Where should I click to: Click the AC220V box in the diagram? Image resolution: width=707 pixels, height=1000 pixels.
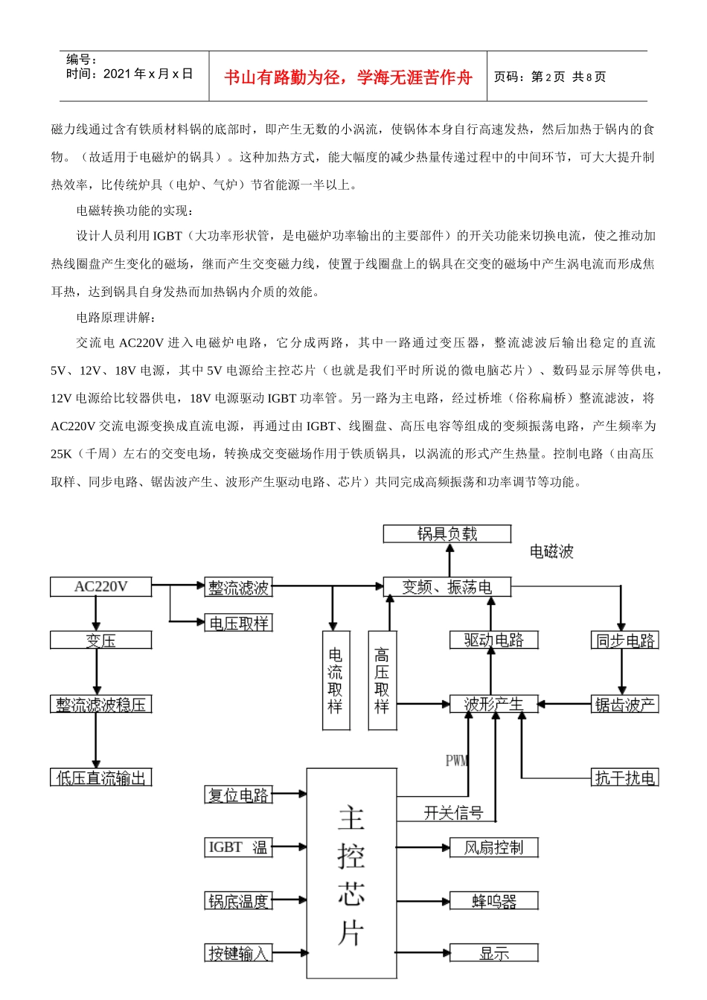[x=100, y=587]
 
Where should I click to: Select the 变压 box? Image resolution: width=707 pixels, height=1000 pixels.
[x=100, y=640]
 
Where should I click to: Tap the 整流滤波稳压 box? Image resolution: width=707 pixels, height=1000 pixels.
[x=100, y=704]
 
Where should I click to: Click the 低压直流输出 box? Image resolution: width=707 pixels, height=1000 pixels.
[x=100, y=778]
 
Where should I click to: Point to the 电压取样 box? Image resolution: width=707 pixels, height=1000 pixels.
[x=238, y=624]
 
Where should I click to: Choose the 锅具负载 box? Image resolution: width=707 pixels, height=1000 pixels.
[x=447, y=533]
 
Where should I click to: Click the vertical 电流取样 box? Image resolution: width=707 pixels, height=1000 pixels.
[x=336, y=680]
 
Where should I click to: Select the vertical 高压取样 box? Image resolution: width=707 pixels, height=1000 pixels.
[x=382, y=680]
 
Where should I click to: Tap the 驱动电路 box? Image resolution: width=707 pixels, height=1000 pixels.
[x=493, y=640]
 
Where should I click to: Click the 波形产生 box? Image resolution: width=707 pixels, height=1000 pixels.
[x=493, y=704]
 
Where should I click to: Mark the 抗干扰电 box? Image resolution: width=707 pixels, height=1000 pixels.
[x=624, y=778]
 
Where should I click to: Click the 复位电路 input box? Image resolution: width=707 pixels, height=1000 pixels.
[x=238, y=795]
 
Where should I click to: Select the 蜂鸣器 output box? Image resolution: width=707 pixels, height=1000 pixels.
[x=493, y=902]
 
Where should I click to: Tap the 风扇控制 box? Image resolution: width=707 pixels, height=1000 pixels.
[x=493, y=847]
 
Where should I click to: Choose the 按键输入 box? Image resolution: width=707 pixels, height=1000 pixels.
[x=238, y=953]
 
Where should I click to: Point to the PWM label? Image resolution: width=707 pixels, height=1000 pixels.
[x=456, y=760]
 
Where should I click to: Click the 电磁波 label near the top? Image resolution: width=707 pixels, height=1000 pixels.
[x=551, y=551]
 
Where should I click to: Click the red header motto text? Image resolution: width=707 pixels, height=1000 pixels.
[x=348, y=77]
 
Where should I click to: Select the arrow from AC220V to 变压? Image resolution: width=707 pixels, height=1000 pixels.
[x=96, y=614]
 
